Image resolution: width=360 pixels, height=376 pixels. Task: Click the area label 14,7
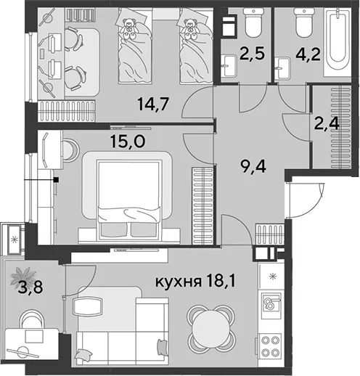tap(152, 104)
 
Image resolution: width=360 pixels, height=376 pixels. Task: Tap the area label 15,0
tap(128, 141)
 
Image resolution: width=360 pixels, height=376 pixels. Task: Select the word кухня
tap(179, 282)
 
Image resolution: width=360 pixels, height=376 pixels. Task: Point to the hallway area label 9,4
tap(253, 166)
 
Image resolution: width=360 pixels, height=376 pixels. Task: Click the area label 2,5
tap(252, 54)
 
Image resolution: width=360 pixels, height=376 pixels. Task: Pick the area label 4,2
tap(308, 54)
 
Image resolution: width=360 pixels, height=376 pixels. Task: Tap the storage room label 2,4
tap(327, 123)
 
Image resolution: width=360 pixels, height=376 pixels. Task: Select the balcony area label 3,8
tap(30, 287)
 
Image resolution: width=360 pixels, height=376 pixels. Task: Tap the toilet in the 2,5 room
tap(253, 23)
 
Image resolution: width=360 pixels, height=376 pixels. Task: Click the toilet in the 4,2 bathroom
tap(303, 23)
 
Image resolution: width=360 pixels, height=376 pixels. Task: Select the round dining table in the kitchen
tap(210, 331)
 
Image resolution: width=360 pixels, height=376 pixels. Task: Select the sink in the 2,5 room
tap(229, 65)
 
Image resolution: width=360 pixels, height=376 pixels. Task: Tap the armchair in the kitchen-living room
tap(88, 306)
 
